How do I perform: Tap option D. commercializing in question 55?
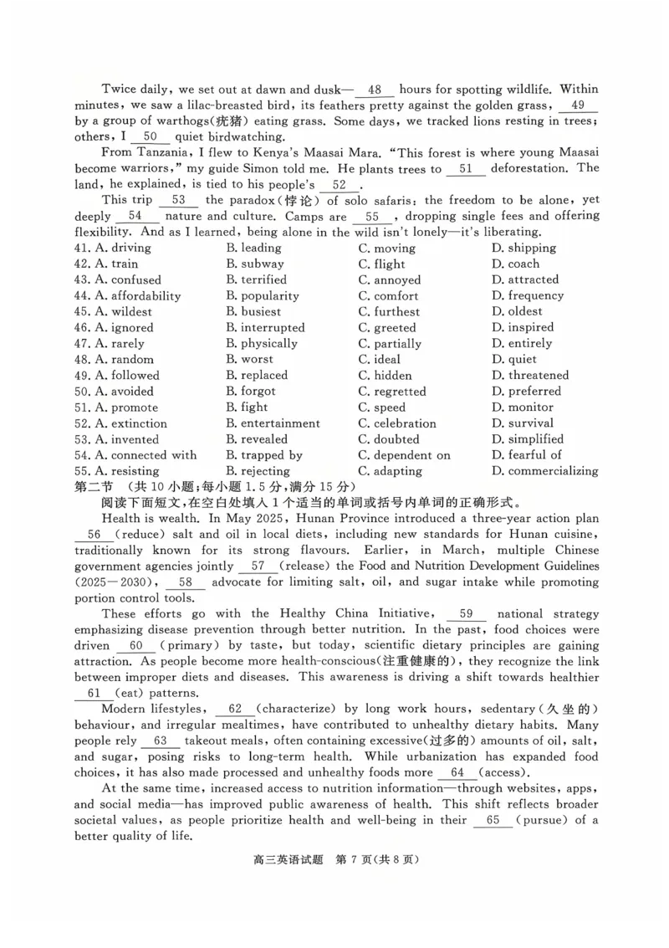pos(544,471)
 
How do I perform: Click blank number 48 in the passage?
pos(375,90)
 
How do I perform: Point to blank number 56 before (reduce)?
pos(94,535)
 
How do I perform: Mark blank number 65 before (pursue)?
pos(493,820)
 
